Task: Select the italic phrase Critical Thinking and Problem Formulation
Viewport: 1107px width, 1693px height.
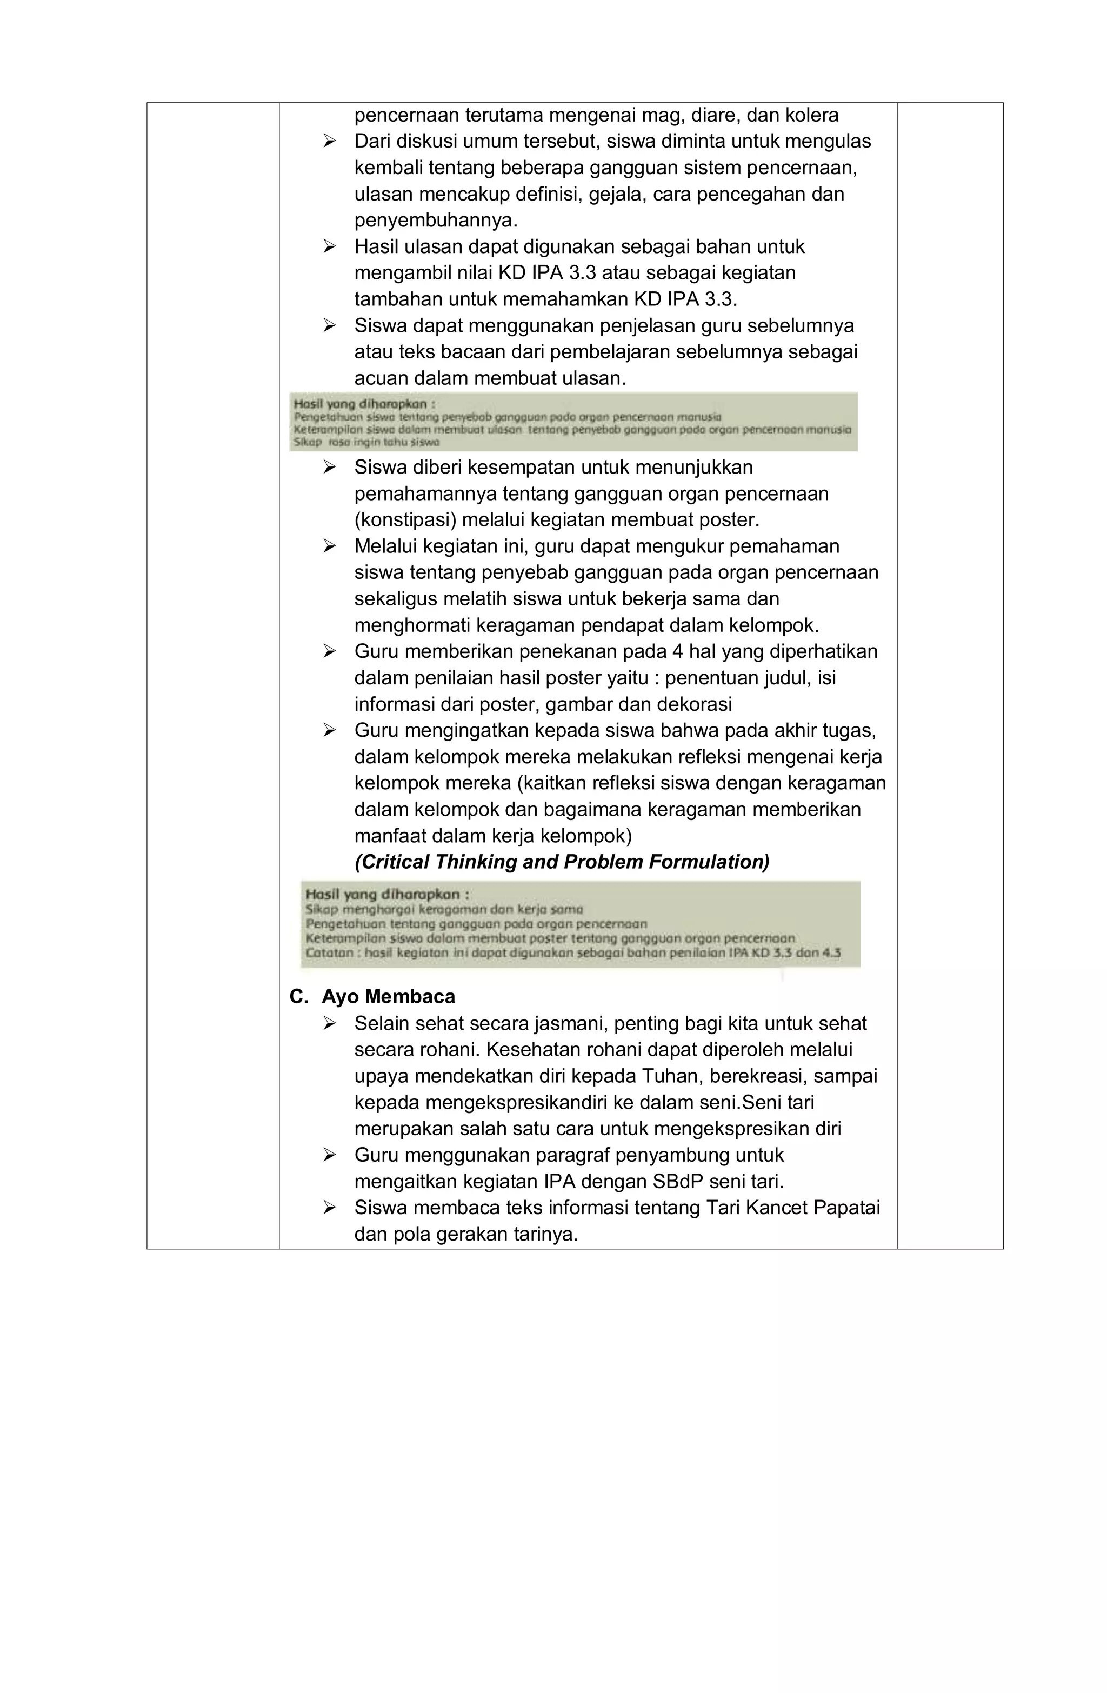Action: pyautogui.click(x=561, y=862)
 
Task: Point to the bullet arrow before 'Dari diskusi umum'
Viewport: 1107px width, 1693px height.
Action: pyautogui.click(x=329, y=142)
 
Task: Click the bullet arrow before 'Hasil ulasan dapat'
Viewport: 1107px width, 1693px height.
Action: pyautogui.click(x=329, y=247)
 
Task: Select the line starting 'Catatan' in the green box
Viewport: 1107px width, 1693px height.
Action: pyautogui.click(x=573, y=952)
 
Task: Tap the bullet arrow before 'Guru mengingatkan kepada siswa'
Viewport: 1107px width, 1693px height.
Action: pyautogui.click(x=329, y=730)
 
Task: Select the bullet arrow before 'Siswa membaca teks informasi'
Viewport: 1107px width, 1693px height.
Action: pyautogui.click(x=329, y=1208)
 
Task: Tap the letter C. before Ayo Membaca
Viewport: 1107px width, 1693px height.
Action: pyautogui.click(x=299, y=997)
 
